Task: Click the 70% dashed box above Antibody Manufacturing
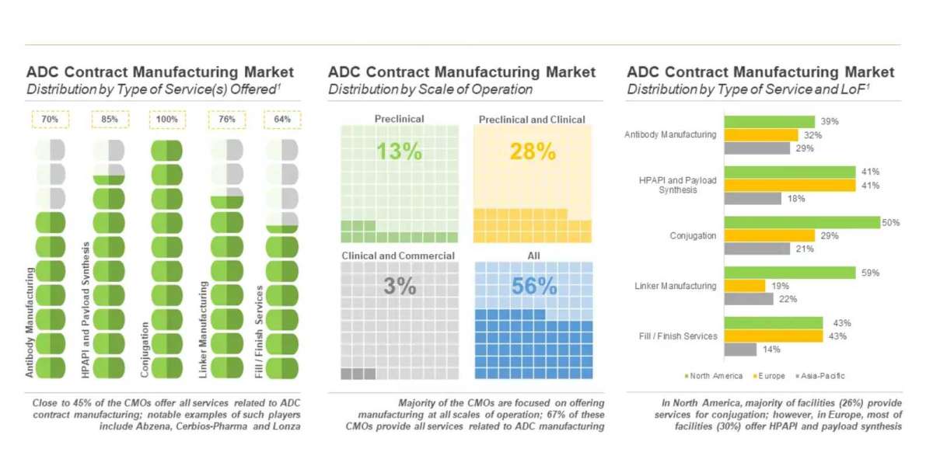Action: coord(51,120)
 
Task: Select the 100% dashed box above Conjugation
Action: coord(167,120)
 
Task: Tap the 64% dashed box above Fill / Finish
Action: coord(283,120)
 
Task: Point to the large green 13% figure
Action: coord(400,151)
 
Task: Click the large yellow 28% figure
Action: coord(533,151)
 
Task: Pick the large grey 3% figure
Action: coord(400,286)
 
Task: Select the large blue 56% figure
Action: coord(534,286)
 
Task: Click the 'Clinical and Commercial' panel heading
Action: coord(398,256)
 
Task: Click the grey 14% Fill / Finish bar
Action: coord(741,349)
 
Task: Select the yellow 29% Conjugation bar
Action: coord(770,235)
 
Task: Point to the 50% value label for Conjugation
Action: coord(890,223)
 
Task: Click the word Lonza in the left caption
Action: coord(285,427)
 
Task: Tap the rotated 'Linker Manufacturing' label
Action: coord(203,329)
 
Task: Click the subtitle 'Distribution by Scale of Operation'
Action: coord(430,89)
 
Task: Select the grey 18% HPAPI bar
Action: coord(753,198)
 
